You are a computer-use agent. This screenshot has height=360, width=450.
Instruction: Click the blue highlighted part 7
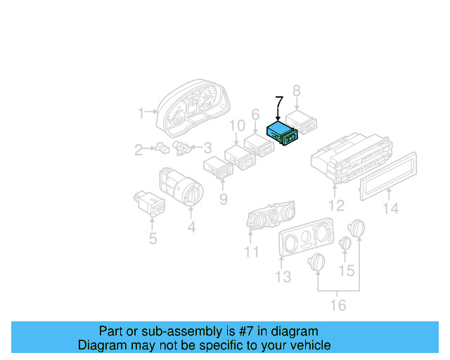[283, 132]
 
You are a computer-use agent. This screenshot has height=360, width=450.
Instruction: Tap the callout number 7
[279, 102]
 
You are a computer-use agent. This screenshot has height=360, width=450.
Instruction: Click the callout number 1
[141, 112]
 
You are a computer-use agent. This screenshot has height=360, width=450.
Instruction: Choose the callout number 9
[223, 199]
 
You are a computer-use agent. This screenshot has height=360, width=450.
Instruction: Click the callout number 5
[153, 238]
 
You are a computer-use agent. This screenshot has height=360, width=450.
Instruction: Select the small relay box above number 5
[150, 202]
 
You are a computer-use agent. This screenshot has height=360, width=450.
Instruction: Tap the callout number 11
[251, 252]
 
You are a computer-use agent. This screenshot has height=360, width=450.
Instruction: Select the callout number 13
[283, 277]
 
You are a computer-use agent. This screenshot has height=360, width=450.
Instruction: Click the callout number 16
[338, 304]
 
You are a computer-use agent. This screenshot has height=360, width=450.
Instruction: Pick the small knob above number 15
[345, 243]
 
